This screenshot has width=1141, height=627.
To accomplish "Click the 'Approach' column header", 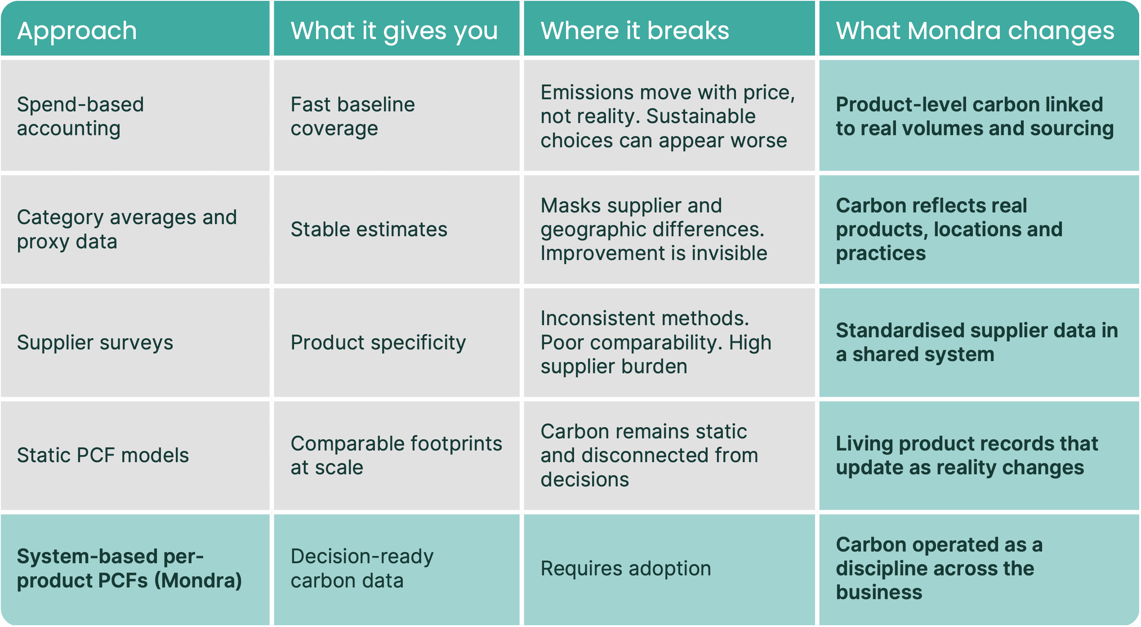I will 77,31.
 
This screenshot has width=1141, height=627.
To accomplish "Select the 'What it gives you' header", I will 394,31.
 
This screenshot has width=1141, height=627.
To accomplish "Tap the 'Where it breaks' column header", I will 634,31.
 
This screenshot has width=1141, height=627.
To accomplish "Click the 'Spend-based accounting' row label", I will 80,116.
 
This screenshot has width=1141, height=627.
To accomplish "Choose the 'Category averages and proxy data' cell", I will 127,229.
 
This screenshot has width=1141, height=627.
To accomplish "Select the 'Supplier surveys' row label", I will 95,342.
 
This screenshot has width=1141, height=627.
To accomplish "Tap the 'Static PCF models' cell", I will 103,455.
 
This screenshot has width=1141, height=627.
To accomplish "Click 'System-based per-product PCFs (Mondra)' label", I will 129,568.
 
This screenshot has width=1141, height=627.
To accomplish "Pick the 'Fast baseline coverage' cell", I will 352,116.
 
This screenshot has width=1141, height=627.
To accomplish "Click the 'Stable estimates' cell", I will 369,229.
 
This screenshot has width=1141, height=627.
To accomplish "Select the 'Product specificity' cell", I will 378,342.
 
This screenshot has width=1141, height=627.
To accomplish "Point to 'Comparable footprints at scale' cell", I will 396,455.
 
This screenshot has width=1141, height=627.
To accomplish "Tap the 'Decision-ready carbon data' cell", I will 362,568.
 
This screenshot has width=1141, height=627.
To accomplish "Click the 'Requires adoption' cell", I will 625,568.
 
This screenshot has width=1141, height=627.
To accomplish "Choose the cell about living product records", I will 967,455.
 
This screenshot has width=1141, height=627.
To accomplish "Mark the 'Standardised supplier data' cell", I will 976,342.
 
